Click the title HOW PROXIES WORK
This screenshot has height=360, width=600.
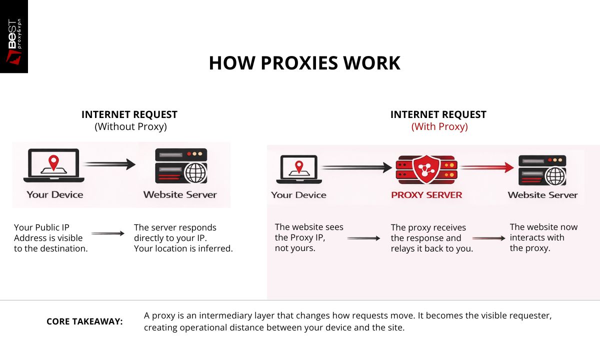[304, 63]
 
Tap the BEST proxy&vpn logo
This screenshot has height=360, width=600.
[14, 36]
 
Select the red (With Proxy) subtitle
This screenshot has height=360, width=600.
[439, 126]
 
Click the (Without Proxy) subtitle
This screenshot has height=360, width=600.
[130, 126]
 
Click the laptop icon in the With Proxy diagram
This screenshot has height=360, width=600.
[298, 169]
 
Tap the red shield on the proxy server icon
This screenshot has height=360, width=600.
[426, 168]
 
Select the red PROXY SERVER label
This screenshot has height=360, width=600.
[426, 195]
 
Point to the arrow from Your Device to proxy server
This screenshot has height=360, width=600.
[356, 168]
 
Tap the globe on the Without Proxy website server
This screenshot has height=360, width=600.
[195, 173]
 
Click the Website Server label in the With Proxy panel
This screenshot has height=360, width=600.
[542, 195]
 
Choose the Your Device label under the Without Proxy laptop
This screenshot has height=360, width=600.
[54, 194]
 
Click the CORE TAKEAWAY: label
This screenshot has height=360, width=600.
[84, 321]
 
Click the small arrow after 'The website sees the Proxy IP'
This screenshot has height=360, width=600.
[363, 238]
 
